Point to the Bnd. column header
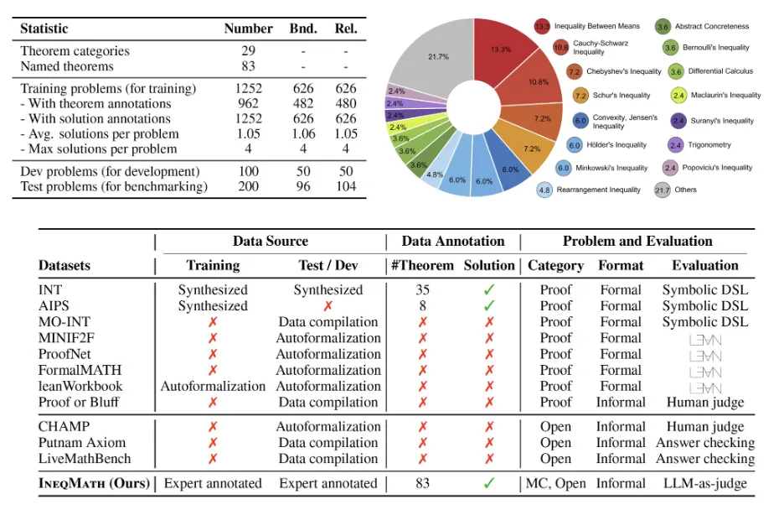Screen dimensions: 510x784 [x=302, y=29]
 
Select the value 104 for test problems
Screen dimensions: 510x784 [x=344, y=186]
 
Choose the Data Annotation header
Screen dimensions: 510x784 [x=453, y=242]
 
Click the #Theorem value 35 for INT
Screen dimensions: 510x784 [x=422, y=290]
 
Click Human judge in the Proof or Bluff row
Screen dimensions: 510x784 [x=705, y=402]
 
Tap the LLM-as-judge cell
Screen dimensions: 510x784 [x=705, y=483]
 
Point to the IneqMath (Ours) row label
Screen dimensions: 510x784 [x=94, y=483]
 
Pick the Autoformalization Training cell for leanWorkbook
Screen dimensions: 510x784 [x=213, y=386]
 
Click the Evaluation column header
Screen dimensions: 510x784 [x=705, y=266]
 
